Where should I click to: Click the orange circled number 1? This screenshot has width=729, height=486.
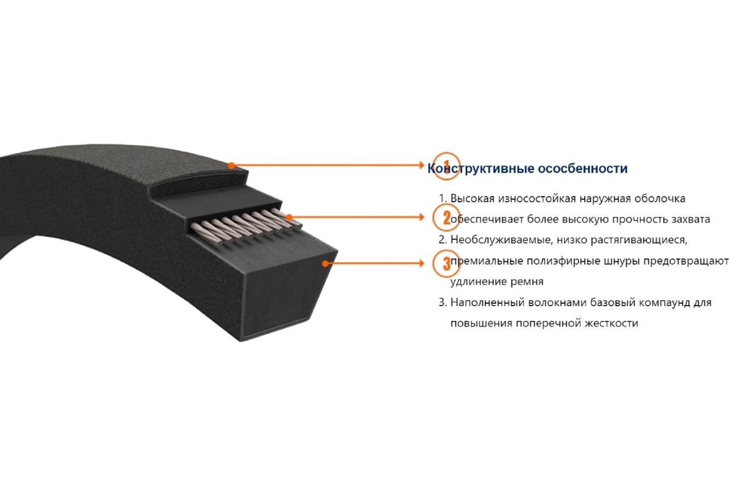pyautogui.click(x=447, y=166)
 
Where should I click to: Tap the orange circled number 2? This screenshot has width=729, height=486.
pyautogui.click(x=446, y=217)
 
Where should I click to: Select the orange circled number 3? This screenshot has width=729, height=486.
pyautogui.click(x=446, y=263)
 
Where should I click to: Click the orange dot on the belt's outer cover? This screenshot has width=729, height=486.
pyautogui.click(x=231, y=166)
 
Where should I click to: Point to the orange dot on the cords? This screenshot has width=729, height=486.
pyautogui.click(x=289, y=217)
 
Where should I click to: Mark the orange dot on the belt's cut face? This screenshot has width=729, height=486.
pyautogui.click(x=325, y=263)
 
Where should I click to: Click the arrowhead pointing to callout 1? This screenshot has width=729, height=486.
pyautogui.click(x=422, y=165)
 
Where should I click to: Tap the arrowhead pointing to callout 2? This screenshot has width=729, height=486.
pyautogui.click(x=422, y=217)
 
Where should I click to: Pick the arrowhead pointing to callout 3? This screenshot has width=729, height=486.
pyautogui.click(x=422, y=263)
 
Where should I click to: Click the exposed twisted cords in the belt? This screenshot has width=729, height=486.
pyautogui.click(x=247, y=226)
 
